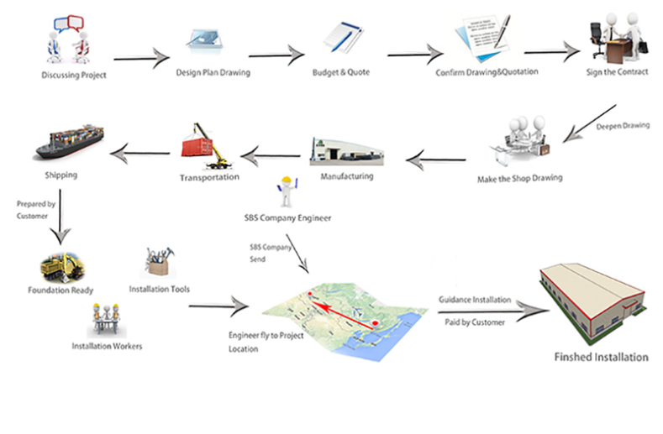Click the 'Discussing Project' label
(74, 75)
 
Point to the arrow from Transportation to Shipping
(142, 152)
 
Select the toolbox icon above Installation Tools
(159, 263)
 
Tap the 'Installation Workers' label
(107, 345)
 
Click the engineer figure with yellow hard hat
(288, 192)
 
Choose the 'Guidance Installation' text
(473, 300)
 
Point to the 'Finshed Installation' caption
(601, 357)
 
